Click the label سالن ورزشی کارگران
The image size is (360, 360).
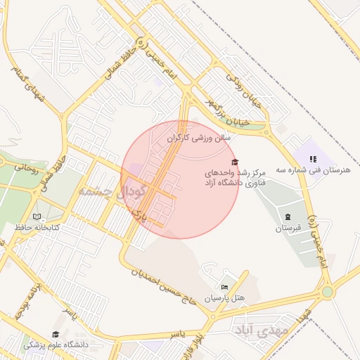[x=198, y=139]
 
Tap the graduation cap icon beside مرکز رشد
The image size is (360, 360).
[x=234, y=162]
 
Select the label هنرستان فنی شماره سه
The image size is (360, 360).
[x=319, y=170]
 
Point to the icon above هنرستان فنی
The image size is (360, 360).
[x=314, y=160]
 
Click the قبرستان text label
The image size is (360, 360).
[x=288, y=229]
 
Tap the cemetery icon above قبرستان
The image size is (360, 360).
[x=288, y=216]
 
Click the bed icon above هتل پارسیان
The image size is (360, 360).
[x=224, y=287]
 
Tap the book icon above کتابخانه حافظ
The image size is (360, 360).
[x=37, y=217]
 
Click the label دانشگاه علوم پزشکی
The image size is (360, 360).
[x=56, y=345]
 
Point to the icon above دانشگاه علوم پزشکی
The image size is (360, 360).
[x=56, y=334]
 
